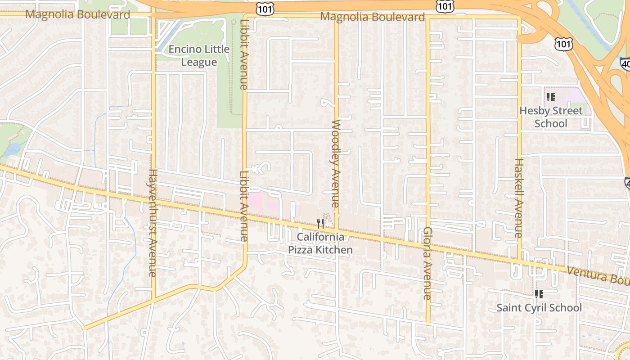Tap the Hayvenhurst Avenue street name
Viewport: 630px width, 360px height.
[x=153, y=223]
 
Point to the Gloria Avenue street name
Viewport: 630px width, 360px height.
[x=427, y=263]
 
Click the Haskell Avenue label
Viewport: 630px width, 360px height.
[x=519, y=198]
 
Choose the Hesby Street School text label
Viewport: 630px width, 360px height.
[x=551, y=117]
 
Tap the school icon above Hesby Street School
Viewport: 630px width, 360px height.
[x=550, y=97]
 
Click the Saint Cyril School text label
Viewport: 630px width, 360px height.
[x=539, y=308]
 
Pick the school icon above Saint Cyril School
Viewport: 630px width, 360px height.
[x=539, y=294]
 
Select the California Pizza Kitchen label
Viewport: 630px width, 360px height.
[x=320, y=243]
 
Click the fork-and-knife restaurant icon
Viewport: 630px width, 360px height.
[x=320, y=223]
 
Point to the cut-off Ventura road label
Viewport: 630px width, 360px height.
[x=598, y=275]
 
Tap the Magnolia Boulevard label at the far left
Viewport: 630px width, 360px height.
[x=77, y=14]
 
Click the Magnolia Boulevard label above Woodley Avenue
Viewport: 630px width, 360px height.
[x=372, y=17]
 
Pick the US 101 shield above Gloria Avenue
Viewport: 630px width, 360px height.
[x=445, y=6]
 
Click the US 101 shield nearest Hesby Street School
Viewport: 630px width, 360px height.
[x=563, y=43]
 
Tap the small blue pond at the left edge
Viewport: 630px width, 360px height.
[x=14, y=148]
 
